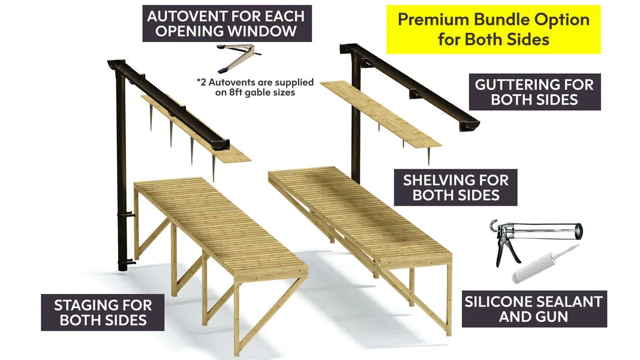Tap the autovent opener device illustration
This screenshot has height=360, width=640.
click(239, 57)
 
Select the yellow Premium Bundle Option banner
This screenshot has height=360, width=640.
click(494, 29)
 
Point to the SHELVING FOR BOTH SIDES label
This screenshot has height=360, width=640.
click(455, 187)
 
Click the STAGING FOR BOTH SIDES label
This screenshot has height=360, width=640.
click(103, 312)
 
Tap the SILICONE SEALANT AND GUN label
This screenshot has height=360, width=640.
click(534, 309)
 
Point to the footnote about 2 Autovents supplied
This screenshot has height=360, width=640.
click(255, 87)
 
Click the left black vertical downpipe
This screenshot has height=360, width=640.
click(121, 172)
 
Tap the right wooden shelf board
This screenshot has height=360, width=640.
click(380, 113)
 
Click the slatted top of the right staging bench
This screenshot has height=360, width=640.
click(359, 212)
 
